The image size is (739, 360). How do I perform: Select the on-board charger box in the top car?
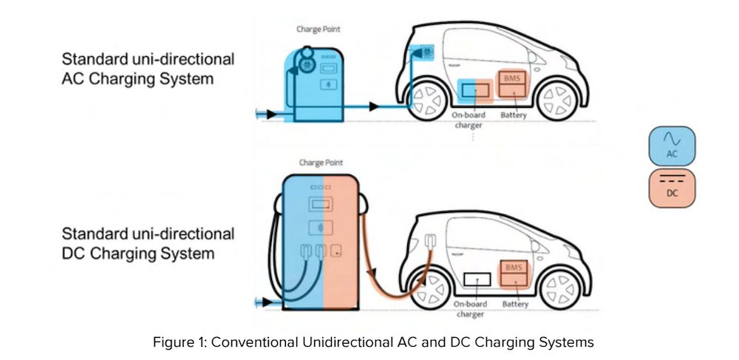476,90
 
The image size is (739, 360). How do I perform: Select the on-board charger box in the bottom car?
477,280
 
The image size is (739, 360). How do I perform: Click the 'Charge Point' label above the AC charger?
317,30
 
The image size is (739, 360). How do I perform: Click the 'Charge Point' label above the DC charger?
321,162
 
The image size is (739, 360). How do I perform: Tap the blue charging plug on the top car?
427,53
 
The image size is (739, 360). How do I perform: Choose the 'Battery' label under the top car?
513,115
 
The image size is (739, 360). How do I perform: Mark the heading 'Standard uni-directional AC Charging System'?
147,69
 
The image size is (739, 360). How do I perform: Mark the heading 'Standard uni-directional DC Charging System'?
147,244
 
